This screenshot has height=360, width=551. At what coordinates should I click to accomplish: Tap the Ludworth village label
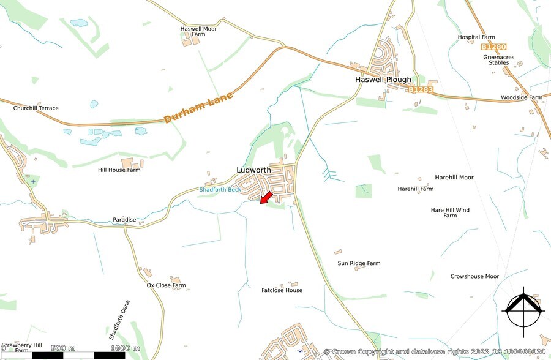[253, 170]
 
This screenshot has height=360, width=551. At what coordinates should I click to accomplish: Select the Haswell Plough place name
[383, 80]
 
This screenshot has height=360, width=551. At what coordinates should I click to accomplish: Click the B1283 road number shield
[421, 90]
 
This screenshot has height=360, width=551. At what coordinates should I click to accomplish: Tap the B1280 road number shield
[493, 47]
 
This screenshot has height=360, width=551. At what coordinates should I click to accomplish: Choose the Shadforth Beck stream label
[220, 190]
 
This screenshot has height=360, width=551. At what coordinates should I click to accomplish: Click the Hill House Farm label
[119, 170]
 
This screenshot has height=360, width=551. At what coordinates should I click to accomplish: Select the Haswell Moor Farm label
[198, 31]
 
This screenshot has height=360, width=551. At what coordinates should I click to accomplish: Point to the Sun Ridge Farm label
[359, 263]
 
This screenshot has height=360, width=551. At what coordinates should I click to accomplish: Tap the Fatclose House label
[282, 290]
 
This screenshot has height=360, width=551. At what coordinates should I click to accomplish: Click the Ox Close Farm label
[166, 285]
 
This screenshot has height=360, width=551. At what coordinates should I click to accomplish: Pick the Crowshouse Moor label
[474, 276]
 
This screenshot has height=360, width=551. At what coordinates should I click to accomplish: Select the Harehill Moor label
[454, 178]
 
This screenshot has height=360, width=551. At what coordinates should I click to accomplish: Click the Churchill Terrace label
[36, 108]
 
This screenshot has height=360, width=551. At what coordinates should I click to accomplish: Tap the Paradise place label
[124, 219]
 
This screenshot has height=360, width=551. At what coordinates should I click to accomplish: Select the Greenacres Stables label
[499, 59]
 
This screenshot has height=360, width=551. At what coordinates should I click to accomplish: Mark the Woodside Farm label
[522, 97]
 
